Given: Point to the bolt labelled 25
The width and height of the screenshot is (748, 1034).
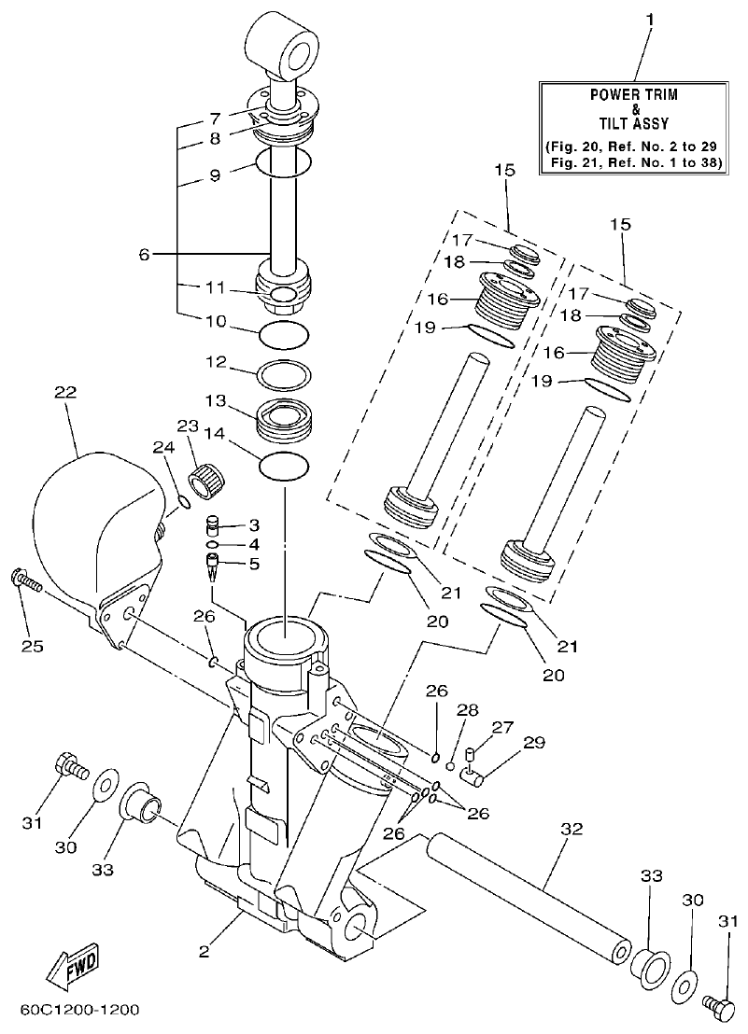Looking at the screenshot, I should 27,583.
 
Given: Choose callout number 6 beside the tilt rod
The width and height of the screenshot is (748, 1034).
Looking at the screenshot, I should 144,254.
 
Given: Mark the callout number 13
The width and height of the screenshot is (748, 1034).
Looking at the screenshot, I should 216,400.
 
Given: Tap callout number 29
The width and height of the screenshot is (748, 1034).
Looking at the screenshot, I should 533,742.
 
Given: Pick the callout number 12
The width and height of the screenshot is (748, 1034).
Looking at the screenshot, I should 216,359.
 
